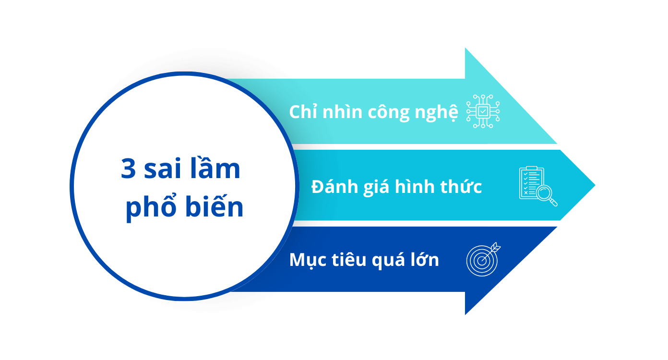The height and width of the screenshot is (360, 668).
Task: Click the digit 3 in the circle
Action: pos(128,168)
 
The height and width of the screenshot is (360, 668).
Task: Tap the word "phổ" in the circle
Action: pos(151,206)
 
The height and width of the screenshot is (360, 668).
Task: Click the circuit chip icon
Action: pos(483,111)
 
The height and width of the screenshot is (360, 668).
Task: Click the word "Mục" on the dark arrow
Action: pos(308,260)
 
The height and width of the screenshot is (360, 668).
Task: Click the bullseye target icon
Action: pos(483,259)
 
